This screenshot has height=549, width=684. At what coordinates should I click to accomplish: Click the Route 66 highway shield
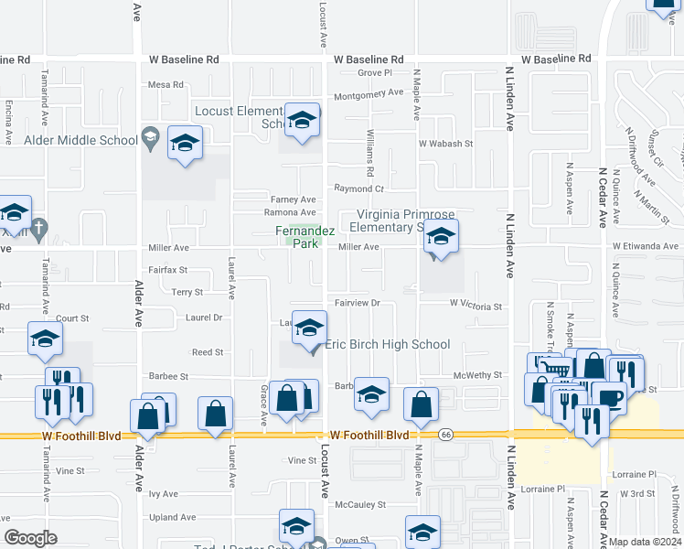tap(445, 436)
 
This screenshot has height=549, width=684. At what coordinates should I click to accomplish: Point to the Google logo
tap(31, 538)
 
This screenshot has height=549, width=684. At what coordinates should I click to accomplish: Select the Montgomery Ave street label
tap(369, 93)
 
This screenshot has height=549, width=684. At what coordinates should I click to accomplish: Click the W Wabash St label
tap(445, 144)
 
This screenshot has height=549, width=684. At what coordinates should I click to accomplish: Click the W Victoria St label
tap(476, 307)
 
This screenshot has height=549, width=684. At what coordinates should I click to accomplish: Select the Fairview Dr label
tap(355, 303)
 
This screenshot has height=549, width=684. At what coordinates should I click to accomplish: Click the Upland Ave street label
tap(168, 518)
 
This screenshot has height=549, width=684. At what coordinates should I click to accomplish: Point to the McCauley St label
tap(360, 504)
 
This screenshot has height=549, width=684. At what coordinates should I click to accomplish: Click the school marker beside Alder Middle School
tap(184, 144)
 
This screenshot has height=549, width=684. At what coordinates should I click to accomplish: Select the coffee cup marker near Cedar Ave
tap(609, 397)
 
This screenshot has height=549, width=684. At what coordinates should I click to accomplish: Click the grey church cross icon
tap(38, 230)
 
